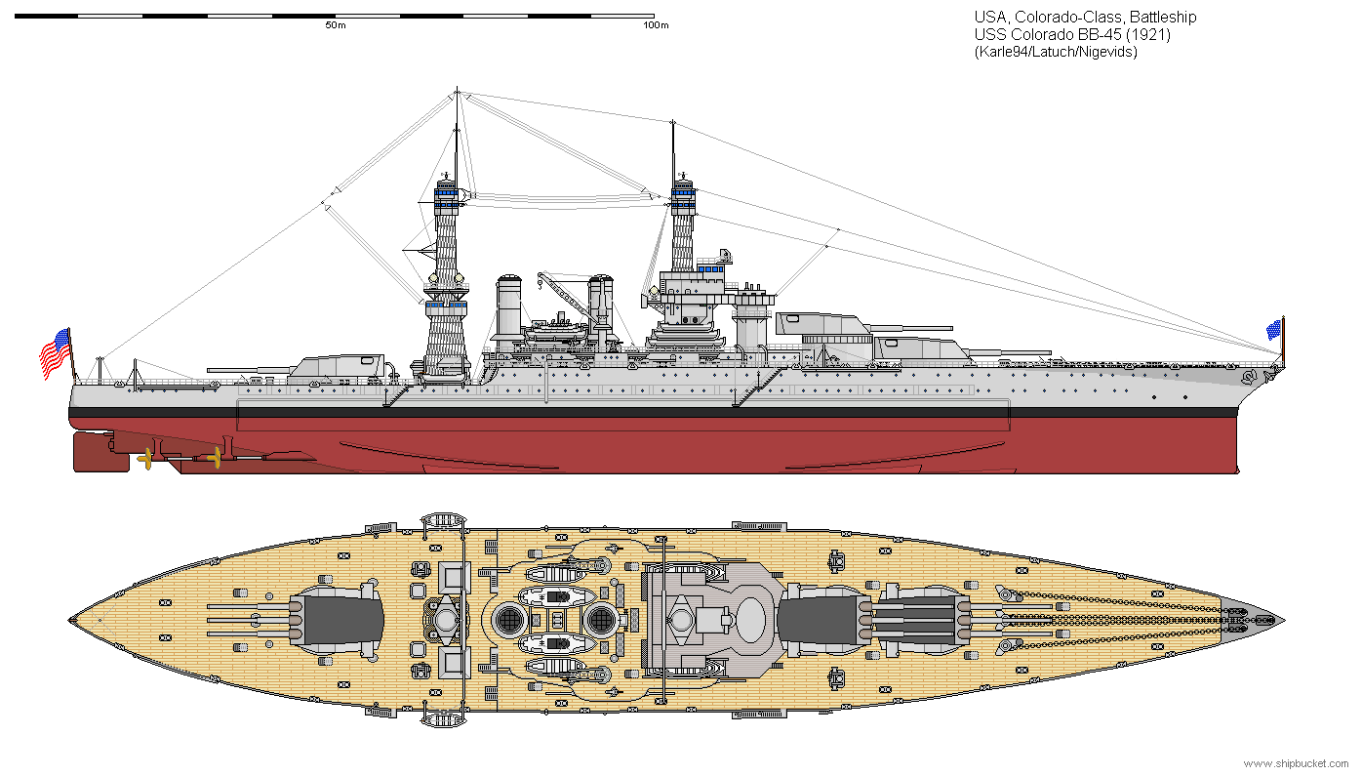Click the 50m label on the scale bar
335,25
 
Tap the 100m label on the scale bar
657,25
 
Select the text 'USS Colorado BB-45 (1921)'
1072,34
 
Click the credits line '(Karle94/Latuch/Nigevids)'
1056,52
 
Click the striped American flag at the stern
55,354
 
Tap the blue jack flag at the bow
1273,330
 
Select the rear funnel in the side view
508,307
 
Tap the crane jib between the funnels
566,293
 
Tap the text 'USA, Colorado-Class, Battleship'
1085,17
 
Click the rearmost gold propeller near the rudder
147,457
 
